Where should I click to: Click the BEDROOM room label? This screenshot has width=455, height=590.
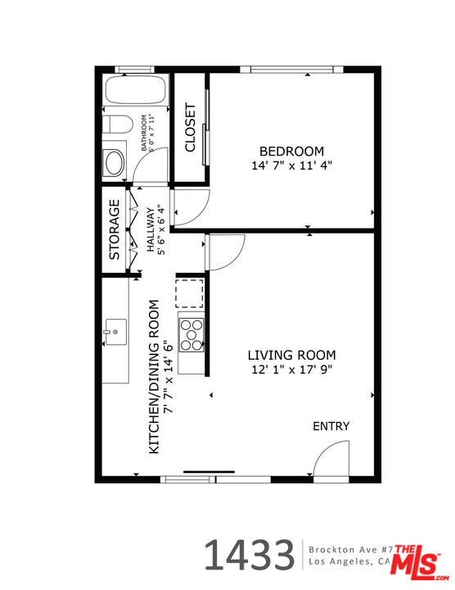coord(291,151)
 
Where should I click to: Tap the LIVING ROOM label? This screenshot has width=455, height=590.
coord(292,355)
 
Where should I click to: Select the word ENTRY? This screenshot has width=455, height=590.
coord(331,426)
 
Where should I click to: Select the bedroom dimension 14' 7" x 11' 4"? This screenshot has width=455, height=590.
coord(291,165)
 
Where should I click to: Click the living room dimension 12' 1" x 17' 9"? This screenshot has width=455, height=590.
coord(292,369)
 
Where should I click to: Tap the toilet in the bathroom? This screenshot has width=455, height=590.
coord(118,125)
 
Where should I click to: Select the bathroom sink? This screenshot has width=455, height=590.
coord(114,161)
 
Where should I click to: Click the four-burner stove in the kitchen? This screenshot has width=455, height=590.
coord(191,335)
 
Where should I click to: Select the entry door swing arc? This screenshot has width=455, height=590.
coord(331,459)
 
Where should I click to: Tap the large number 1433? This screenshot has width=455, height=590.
coord(248,555)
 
